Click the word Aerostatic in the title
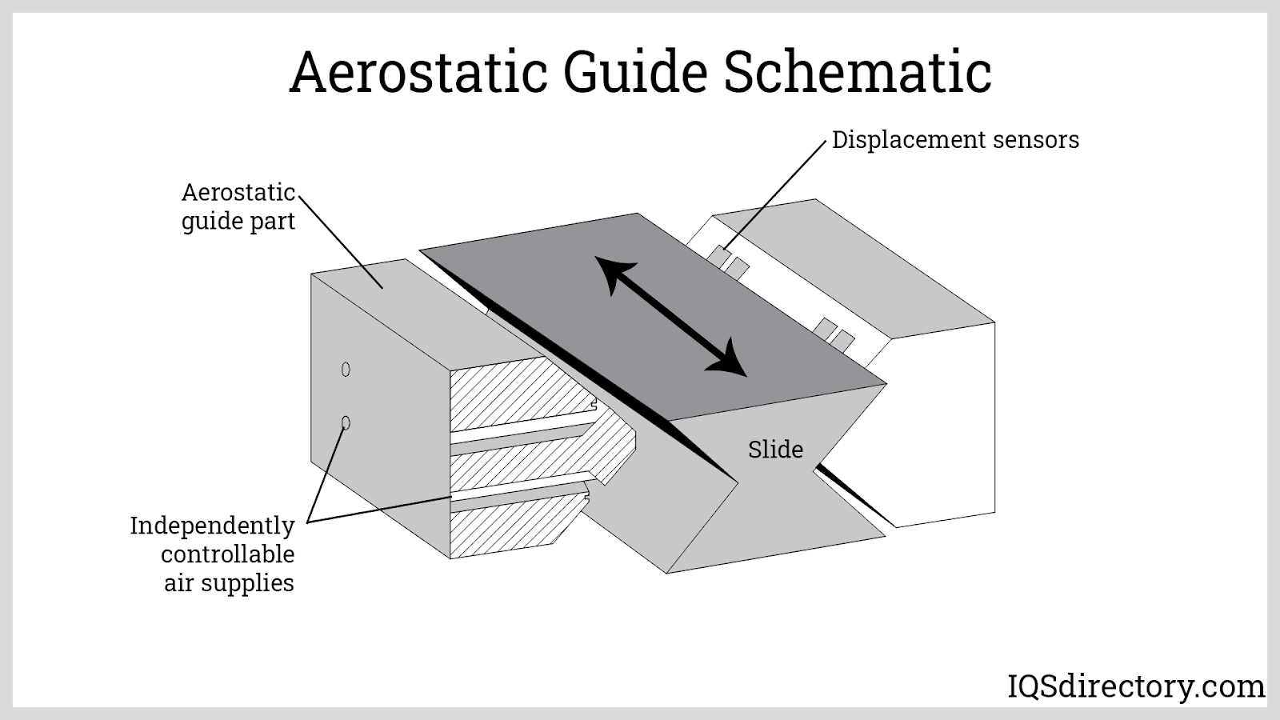point(418,72)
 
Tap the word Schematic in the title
point(858,72)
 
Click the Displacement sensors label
point(955,140)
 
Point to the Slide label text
point(775,450)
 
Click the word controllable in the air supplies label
point(228,554)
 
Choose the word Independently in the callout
point(212,526)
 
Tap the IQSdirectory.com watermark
point(1134,686)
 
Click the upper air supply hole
point(346,370)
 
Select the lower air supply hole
point(346,422)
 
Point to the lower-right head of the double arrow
point(727,359)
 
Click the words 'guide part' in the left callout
point(238,221)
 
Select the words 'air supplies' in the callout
point(229,583)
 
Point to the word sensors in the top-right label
point(1036,140)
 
